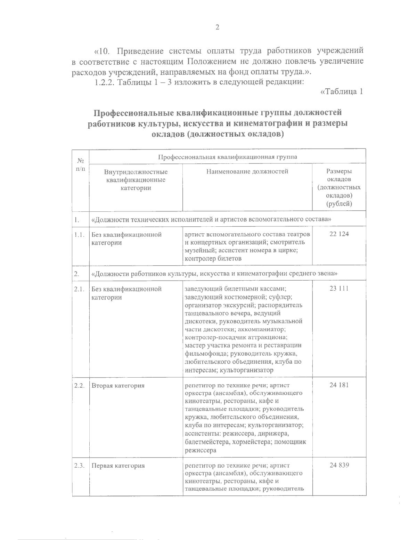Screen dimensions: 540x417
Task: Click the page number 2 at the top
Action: click(217, 27)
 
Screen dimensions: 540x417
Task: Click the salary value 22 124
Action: click(339, 234)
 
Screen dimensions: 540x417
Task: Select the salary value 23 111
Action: click(339, 288)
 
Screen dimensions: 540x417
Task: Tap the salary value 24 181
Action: click(339, 385)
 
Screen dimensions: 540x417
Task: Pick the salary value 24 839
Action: click(339, 466)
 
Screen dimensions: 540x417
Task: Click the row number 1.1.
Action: click(80, 234)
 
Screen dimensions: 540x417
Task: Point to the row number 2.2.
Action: click(80, 385)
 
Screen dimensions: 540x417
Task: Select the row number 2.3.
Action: click(80, 466)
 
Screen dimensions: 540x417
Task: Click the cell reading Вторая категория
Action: click(118, 385)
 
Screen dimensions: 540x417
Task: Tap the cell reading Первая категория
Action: click(118, 466)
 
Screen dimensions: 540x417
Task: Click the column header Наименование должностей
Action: click(247, 171)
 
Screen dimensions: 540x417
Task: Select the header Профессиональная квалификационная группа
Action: click(228, 156)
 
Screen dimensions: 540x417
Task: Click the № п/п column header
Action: click(81, 164)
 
